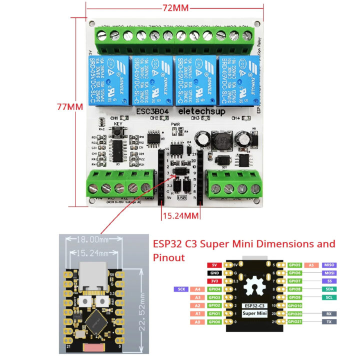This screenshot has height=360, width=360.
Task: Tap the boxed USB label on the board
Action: click(x=181, y=197)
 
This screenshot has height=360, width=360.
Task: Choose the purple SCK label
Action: click(x=181, y=289)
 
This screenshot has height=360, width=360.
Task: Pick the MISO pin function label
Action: click(x=329, y=265)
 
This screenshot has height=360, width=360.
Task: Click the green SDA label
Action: click(x=329, y=289)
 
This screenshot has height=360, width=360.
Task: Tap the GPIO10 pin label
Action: click(x=295, y=305)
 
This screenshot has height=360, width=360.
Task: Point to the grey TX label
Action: click(x=329, y=321)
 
